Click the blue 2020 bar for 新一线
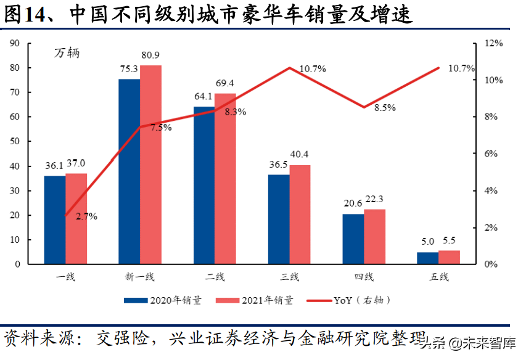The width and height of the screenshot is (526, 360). (129, 171)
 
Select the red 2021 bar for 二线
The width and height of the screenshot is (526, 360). (225, 179)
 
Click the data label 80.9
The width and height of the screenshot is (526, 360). (152, 55)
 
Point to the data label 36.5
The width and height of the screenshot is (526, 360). (278, 165)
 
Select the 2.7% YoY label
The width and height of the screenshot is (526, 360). (86, 216)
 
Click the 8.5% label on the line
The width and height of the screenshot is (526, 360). (384, 108)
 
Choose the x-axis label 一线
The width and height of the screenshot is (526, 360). (65, 277)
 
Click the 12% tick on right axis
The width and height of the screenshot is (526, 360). (494, 44)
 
